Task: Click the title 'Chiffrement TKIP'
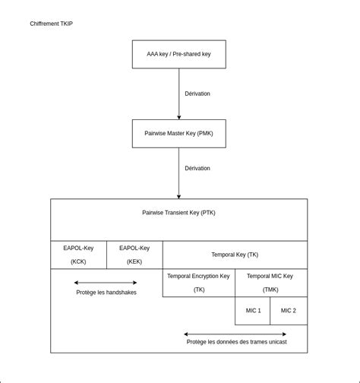52,24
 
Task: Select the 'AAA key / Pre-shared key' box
178,54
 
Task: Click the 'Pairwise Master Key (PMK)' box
178,133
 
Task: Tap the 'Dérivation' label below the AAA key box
197,93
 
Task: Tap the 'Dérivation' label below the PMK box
197,168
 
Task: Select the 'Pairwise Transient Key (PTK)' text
178,213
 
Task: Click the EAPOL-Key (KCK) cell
78,255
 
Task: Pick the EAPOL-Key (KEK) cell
134,255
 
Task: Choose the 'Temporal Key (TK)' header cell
235,255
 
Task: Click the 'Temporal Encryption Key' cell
198,282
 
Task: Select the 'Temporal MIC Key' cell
271,282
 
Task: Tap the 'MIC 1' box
253,310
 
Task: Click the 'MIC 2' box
289,310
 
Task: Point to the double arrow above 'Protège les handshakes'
106,283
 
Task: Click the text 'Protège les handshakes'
106,293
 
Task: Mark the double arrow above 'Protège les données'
235,334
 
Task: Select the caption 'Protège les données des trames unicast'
236,342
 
